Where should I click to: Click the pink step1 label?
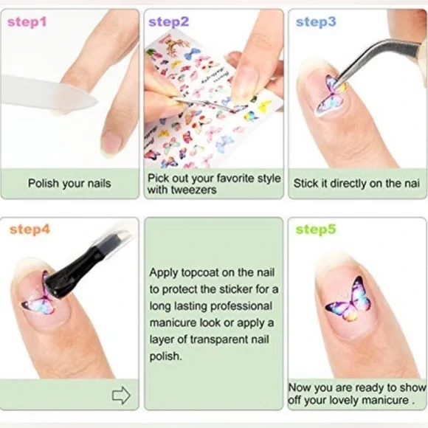(x=27, y=22)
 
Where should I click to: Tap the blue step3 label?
(x=316, y=22)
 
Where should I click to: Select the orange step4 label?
(x=30, y=229)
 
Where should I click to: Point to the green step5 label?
(x=316, y=229)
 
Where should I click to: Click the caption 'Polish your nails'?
(x=69, y=183)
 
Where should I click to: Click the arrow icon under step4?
(x=120, y=396)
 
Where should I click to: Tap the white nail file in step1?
(x=44, y=89)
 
